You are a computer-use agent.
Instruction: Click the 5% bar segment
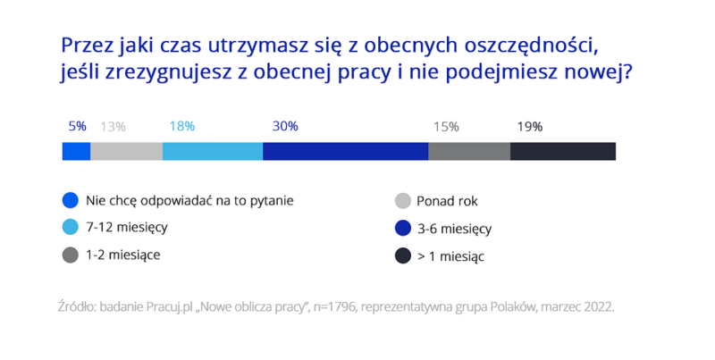[x=76, y=151]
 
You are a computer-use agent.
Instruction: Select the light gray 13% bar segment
[x=126, y=151]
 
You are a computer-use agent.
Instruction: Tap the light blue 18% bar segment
[x=213, y=151]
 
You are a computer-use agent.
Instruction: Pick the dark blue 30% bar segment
[x=345, y=151]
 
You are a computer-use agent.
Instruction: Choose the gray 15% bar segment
[x=469, y=151]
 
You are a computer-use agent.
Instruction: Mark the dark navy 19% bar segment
[x=563, y=151]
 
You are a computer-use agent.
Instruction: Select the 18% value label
[x=181, y=127]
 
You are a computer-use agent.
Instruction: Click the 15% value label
[x=446, y=127]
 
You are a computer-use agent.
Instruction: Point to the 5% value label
[x=77, y=127]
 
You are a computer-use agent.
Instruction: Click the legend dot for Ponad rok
[x=402, y=201]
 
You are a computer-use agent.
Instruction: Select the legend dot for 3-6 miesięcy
[x=402, y=229]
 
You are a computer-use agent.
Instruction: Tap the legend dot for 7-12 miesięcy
[x=71, y=229]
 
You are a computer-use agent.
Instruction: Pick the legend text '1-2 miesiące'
[x=123, y=255]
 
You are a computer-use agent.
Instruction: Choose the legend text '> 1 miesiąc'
[x=451, y=255]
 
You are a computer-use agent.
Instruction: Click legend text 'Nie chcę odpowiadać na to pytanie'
[x=189, y=201]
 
